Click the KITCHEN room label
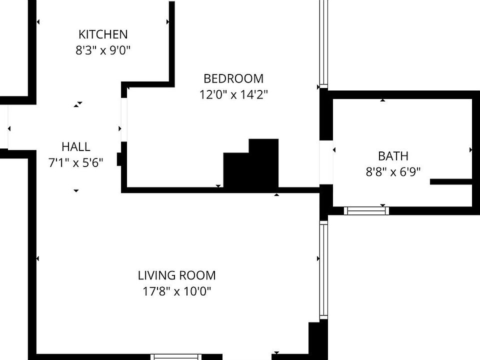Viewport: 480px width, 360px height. [x=103, y=34]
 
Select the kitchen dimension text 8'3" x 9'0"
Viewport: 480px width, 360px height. [x=103, y=50]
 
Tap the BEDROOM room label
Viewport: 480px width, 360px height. [x=233, y=78]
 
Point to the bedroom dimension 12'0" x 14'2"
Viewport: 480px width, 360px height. [x=233, y=94]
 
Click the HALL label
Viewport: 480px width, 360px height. [x=76, y=147]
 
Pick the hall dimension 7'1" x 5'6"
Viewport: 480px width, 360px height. [x=76, y=163]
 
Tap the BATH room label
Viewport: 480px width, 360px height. [x=393, y=156]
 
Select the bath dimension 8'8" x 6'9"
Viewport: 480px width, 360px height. [x=393, y=172]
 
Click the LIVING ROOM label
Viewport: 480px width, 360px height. [x=177, y=275]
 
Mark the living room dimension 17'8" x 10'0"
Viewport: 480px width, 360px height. [x=177, y=291]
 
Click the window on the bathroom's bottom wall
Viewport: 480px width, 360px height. [x=366, y=211]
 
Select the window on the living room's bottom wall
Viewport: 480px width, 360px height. [x=176, y=357]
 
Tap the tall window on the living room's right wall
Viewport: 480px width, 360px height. [x=323, y=270]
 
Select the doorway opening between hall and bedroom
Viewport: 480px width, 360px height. [x=124, y=120]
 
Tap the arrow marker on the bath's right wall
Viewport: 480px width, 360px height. [x=470, y=150]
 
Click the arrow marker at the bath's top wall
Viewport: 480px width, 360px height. [x=383, y=100]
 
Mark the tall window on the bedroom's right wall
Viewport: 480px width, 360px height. [x=323, y=42]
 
